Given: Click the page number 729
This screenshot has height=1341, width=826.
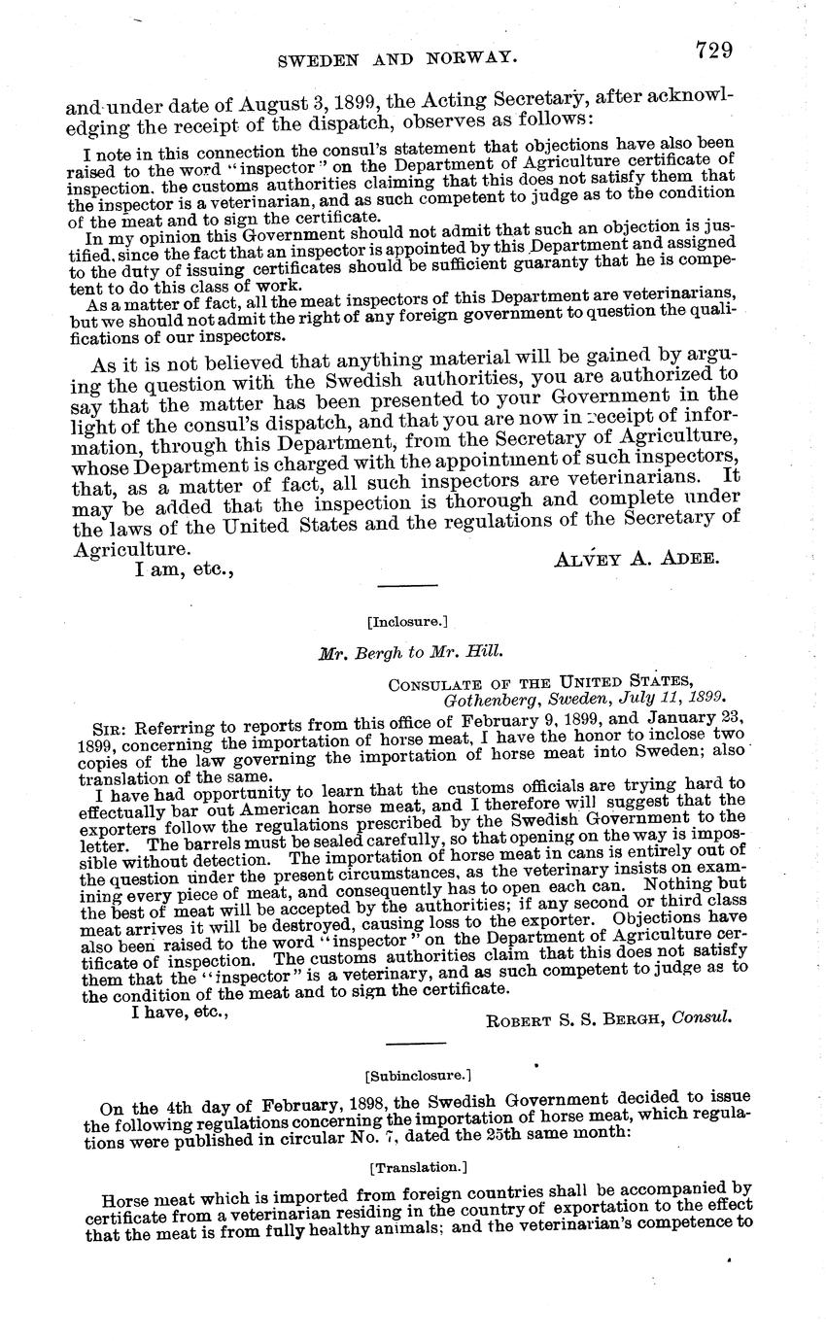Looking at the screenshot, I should (x=713, y=50).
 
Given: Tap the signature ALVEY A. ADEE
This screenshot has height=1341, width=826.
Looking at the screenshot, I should (x=637, y=558).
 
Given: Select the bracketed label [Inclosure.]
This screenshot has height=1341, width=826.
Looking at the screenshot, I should (x=407, y=620).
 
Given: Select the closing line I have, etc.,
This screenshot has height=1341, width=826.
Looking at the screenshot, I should (x=181, y=1012).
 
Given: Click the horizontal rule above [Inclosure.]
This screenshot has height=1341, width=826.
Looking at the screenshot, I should (x=407, y=587).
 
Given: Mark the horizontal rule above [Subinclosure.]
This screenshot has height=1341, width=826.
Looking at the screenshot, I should (x=416, y=1043).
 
